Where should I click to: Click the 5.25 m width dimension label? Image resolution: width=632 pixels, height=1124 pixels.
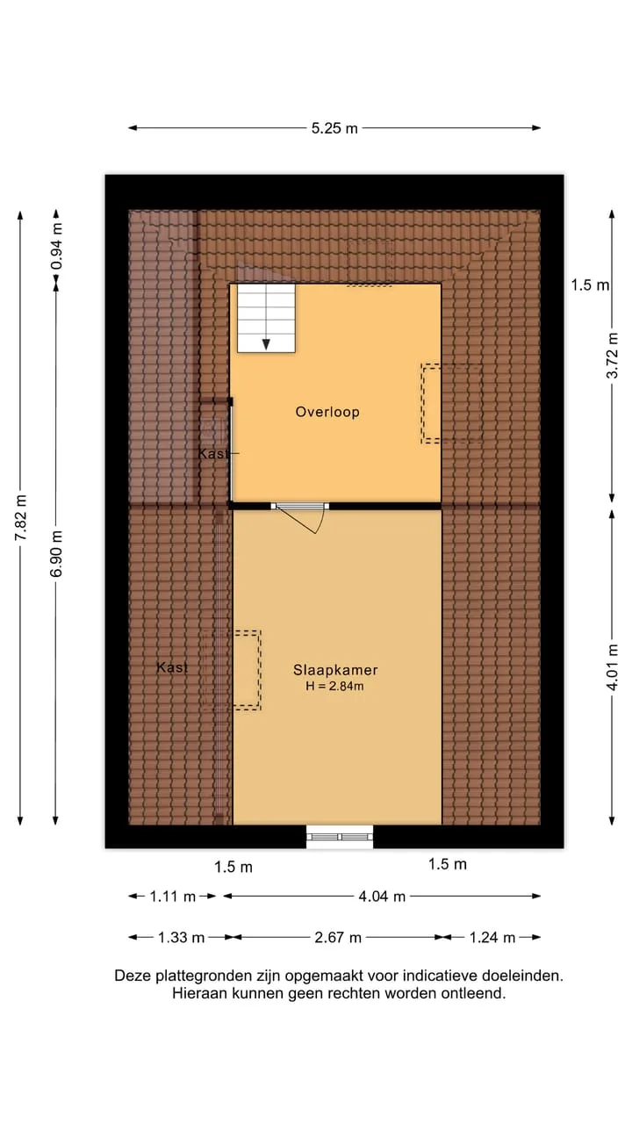[334, 128]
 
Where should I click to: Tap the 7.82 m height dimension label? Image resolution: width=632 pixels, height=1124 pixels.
[20, 517]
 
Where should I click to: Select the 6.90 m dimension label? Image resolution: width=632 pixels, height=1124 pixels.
[55, 553]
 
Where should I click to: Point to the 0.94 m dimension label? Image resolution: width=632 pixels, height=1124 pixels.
[56, 247]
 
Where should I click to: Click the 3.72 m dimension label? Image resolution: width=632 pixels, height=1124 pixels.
[613, 356]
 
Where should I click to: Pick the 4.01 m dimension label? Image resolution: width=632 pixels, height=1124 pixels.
[613, 667]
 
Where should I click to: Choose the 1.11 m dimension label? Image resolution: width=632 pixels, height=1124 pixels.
[173, 897]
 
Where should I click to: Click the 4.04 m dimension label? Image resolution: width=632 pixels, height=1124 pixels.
[382, 897]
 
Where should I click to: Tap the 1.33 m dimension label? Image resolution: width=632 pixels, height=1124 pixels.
[181, 937]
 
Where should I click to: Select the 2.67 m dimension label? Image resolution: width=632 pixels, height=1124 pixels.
[338, 937]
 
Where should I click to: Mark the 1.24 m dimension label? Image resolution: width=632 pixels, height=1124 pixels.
[492, 937]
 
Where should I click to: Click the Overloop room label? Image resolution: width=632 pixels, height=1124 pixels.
[327, 412]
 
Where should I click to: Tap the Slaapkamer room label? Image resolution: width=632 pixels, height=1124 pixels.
[335, 670]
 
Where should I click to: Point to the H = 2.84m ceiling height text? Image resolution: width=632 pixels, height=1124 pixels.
[334, 686]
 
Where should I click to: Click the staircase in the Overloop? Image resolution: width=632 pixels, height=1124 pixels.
[266, 318]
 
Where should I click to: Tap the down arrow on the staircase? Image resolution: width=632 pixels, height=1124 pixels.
[266, 344]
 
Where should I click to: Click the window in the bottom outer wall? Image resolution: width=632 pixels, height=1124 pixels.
[340, 837]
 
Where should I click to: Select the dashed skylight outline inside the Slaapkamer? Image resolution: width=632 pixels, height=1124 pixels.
[247, 670]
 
